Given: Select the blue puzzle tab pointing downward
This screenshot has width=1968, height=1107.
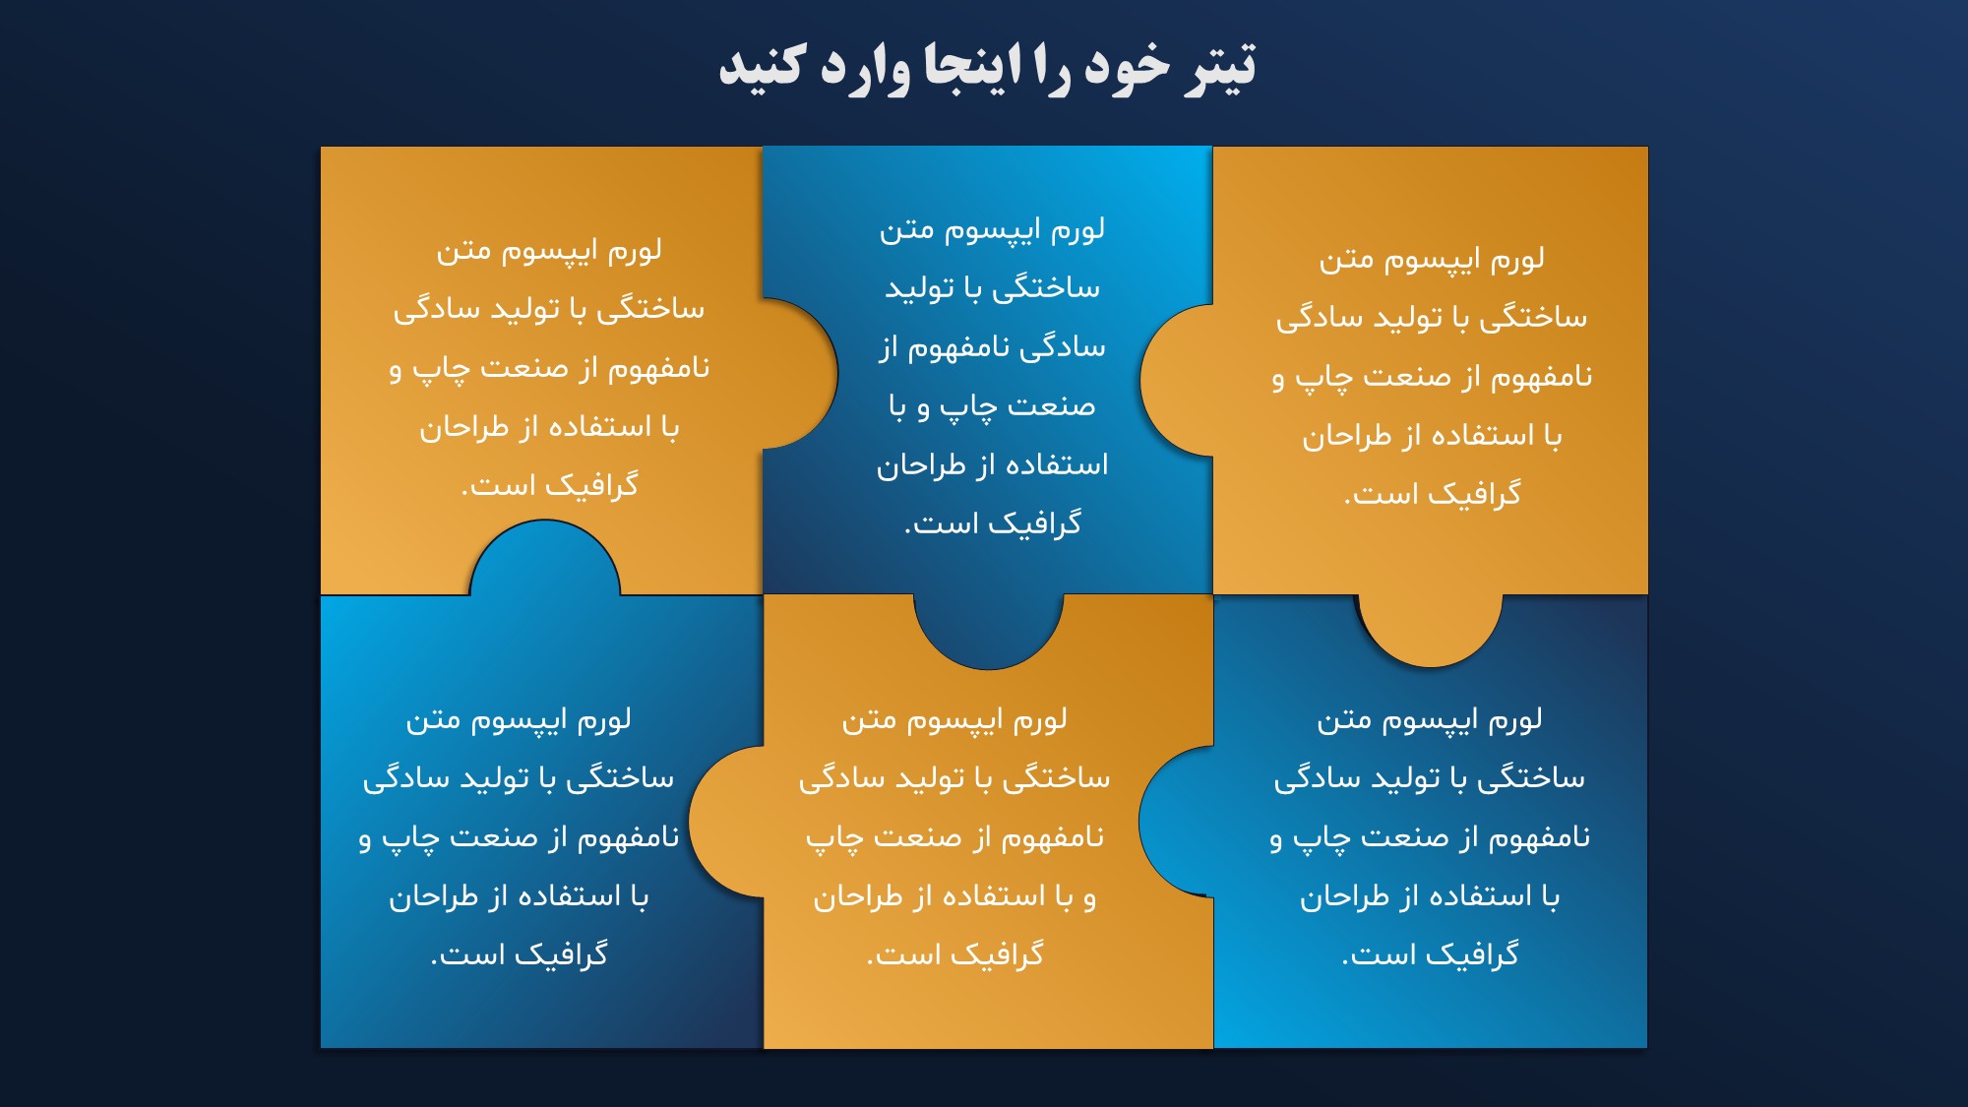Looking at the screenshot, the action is [x=988, y=631].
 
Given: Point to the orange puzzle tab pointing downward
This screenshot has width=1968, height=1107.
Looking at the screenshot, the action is [x=1430, y=630].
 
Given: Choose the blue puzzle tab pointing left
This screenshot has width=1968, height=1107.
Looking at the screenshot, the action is [x=1176, y=821].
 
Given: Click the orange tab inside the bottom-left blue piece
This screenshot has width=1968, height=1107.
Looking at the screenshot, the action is [x=726, y=822].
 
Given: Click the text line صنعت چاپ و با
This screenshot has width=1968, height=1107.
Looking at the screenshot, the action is [x=992, y=405].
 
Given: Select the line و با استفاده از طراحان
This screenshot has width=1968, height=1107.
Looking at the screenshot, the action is [x=954, y=896].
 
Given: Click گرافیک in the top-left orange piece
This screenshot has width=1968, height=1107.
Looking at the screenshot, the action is [x=591, y=485].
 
